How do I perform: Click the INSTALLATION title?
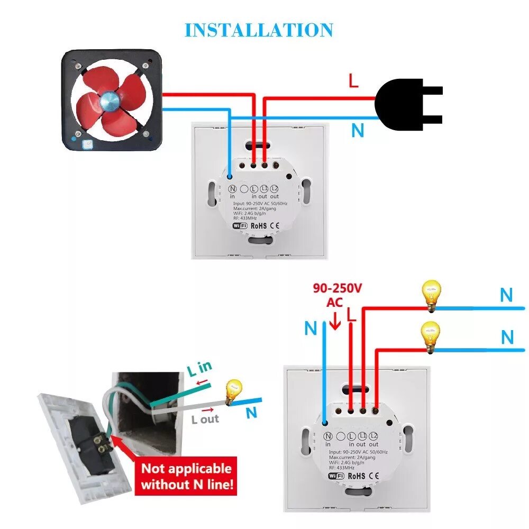(259, 30)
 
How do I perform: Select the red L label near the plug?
(353, 81)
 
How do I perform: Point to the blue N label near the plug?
(358, 130)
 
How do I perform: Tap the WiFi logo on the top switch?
(240, 225)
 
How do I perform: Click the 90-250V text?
(338, 288)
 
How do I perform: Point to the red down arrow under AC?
(334, 321)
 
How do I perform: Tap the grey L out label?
(205, 419)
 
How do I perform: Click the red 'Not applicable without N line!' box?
(186, 476)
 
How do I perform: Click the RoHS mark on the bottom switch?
(357, 476)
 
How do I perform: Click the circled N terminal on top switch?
(232, 188)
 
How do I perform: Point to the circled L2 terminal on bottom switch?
(375, 436)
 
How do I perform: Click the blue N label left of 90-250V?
(311, 328)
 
